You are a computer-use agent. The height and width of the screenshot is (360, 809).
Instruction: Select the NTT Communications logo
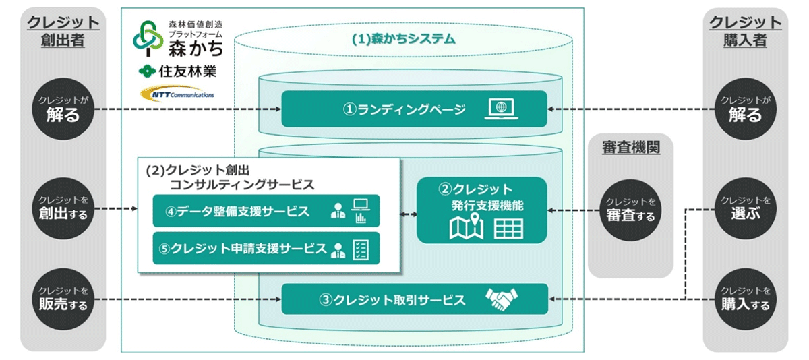tap(177, 94)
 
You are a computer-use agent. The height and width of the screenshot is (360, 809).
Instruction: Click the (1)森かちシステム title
tap(403, 39)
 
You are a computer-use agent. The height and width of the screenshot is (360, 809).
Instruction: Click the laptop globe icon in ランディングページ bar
tap(500, 109)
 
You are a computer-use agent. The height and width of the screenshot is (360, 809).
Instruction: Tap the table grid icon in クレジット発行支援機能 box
tap(508, 229)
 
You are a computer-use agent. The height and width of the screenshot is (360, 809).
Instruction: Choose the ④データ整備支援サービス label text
tap(239, 211)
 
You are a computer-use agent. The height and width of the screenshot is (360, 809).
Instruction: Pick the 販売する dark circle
tap(64, 299)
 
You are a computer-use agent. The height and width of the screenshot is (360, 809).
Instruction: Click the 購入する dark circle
tap(745, 299)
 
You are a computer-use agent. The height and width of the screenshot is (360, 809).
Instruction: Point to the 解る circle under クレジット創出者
tap(64, 109)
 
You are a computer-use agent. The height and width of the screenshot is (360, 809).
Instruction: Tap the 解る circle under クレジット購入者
tap(745, 109)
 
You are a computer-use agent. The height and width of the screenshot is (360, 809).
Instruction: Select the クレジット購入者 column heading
tap(745, 31)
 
